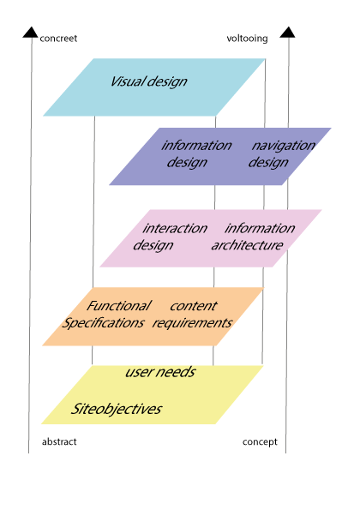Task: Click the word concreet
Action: [58, 39]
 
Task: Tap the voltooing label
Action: [247, 39]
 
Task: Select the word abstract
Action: [59, 441]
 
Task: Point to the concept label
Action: [260, 442]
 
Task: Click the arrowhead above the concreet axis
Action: [31, 33]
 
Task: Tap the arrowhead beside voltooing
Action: [287, 33]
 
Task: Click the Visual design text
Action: [149, 81]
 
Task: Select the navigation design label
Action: [282, 153]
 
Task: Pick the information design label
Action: [196, 153]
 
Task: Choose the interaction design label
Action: [170, 237]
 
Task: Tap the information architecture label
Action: [253, 237]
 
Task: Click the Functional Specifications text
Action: [106, 315]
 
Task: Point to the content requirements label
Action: [192, 315]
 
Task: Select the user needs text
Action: [160, 372]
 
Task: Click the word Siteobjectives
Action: [116, 409]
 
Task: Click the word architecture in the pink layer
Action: [247, 245]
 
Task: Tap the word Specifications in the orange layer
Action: [103, 323]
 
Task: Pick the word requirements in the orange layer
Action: [192, 323]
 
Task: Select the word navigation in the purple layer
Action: [283, 146]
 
